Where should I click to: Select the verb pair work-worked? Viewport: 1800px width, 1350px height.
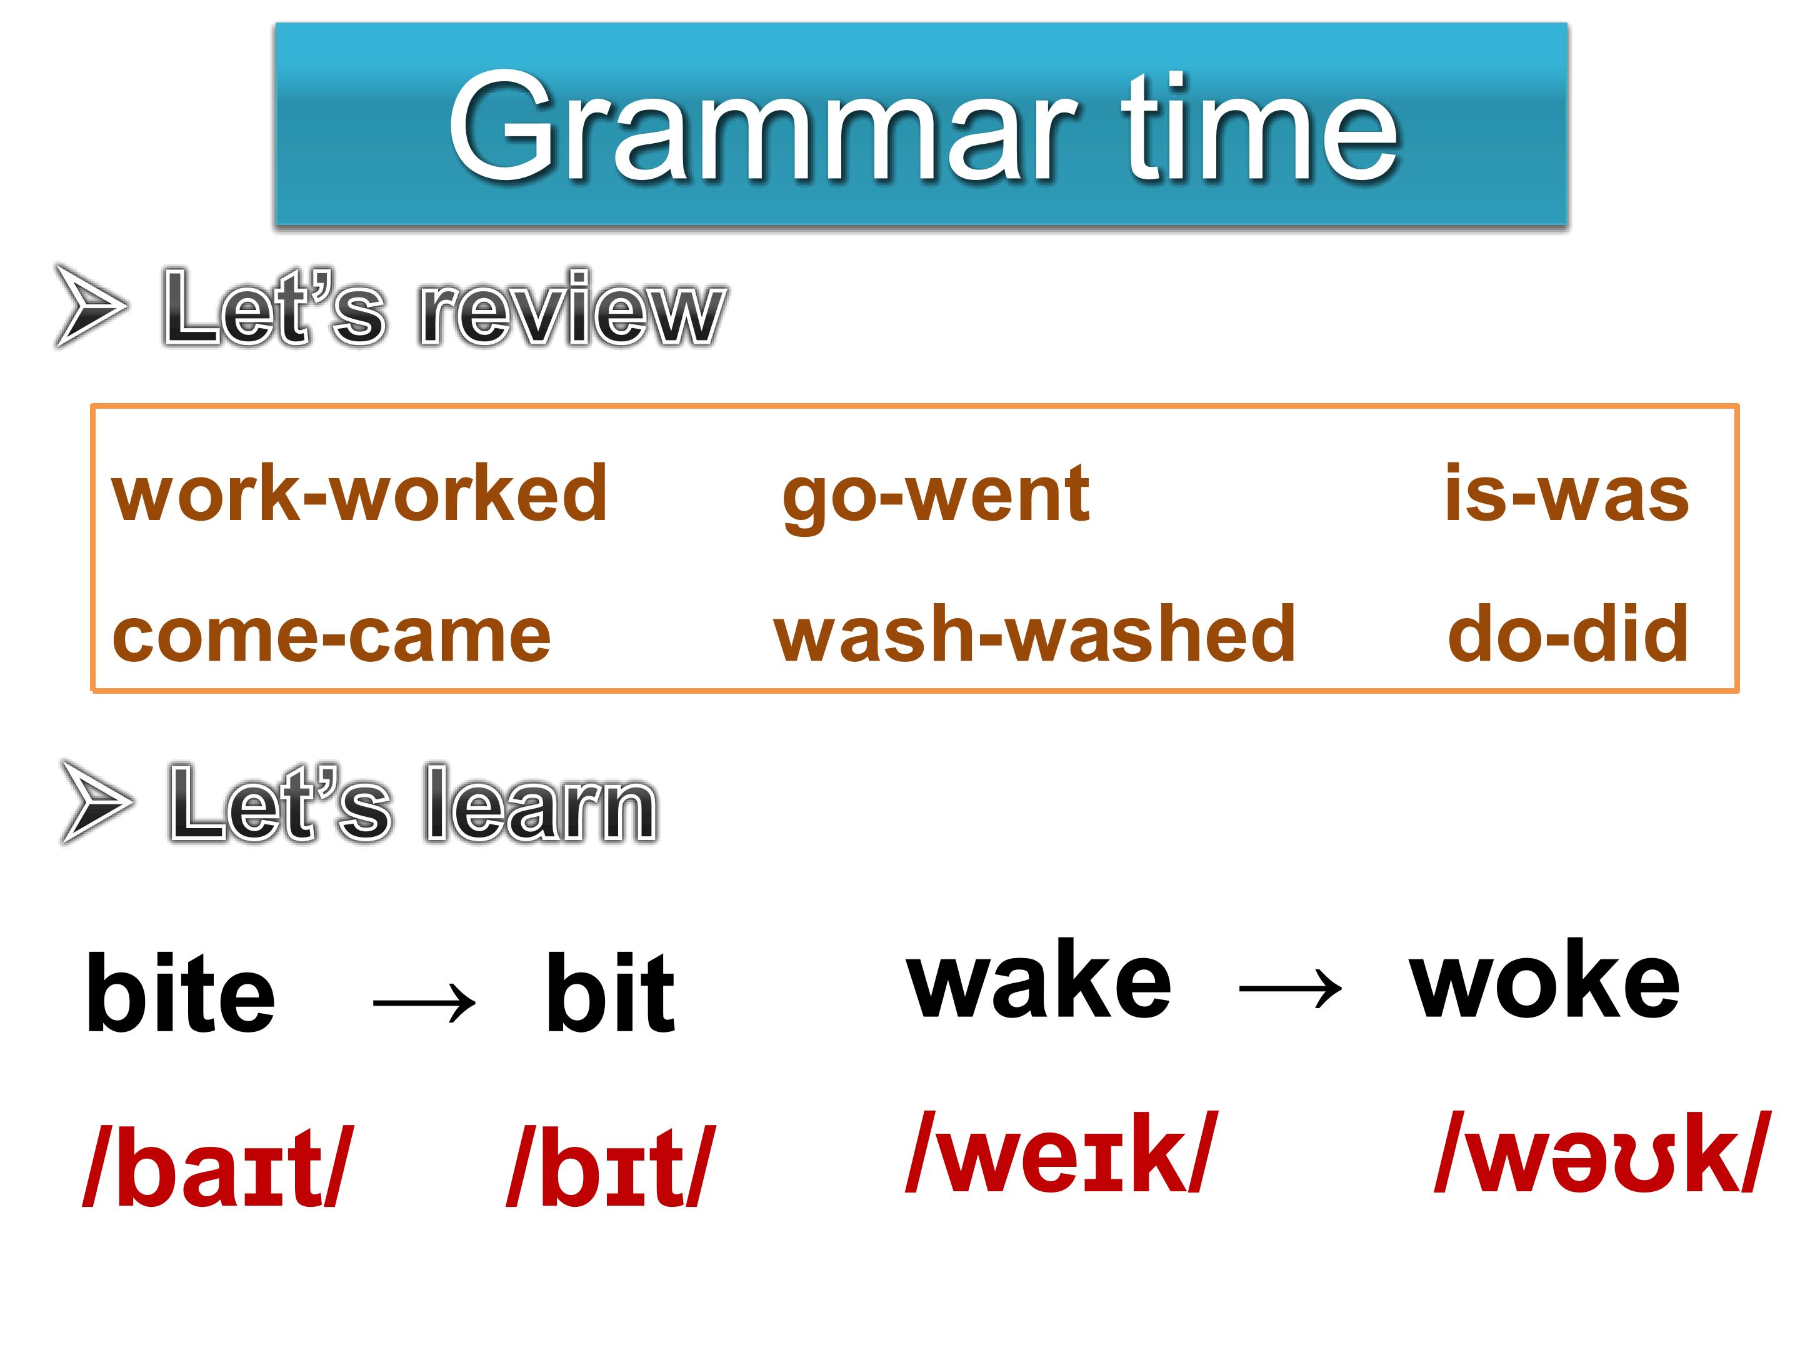point(359,493)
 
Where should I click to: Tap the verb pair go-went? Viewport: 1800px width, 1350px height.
point(935,496)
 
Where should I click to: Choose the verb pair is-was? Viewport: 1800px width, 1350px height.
point(1566,492)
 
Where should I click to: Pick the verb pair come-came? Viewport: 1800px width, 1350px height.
point(331,636)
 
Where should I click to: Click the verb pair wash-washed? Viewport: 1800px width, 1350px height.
point(1034,633)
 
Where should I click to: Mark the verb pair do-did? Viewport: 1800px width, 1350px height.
point(1568,632)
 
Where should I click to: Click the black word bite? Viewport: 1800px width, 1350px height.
point(180,992)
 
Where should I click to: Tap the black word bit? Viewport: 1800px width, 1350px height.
point(610,992)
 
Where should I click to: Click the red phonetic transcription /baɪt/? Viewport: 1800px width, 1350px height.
point(218,1164)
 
